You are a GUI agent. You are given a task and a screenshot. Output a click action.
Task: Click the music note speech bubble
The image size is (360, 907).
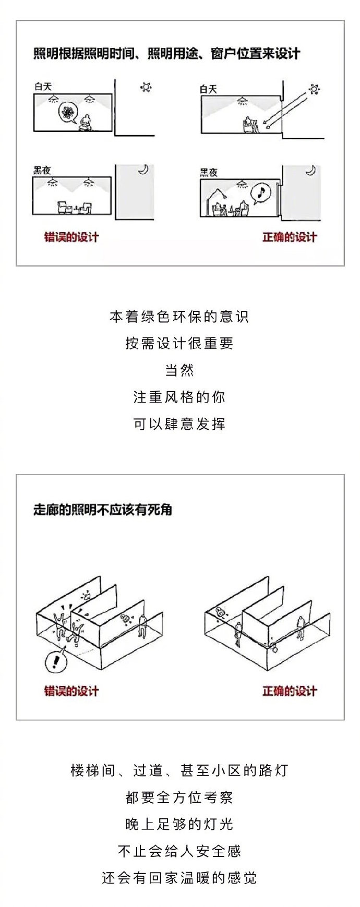coord(260,193)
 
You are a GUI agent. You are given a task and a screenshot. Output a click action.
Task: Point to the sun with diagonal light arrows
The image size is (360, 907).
coord(314,89)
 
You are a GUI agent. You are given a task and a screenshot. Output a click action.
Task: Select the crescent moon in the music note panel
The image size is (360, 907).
coord(311,171)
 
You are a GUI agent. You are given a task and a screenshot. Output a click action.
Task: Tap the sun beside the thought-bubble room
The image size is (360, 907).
coord(146,87)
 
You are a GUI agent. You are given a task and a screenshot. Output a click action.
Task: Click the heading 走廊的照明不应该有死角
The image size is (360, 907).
coord(103,510)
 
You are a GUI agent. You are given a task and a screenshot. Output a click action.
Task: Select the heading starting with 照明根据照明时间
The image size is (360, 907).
coord(167,54)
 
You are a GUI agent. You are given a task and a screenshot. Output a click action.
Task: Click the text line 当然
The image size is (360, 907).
coord(179,370)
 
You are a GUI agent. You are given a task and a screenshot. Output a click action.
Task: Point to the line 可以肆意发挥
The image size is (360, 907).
coord(179,424)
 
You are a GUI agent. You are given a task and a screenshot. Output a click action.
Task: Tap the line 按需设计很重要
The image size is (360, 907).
coord(179,343)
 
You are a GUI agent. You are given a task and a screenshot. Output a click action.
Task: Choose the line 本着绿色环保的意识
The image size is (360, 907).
coord(179,317)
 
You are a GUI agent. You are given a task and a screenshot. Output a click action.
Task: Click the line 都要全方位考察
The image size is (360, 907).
coord(179,797)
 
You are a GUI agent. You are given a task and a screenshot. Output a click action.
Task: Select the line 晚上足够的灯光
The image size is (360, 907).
coord(179,824)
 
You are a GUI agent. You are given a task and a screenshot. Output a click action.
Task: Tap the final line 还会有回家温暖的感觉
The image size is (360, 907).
coord(179,878)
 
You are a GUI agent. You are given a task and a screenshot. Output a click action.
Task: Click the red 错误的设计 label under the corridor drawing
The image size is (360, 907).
coord(71,692)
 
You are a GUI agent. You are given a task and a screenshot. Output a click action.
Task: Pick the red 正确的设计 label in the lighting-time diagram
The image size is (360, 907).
coord(290,237)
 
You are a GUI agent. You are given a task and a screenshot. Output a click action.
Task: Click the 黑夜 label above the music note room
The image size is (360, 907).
coord(209,173)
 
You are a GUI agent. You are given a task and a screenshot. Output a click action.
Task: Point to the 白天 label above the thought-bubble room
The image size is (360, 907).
coord(43,87)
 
